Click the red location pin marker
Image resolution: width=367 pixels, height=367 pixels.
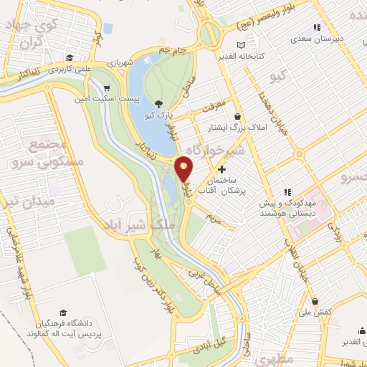tap(183, 168)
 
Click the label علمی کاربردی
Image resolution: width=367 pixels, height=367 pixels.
tap(69, 71)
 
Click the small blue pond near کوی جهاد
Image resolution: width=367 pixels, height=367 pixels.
tap(108, 29)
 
